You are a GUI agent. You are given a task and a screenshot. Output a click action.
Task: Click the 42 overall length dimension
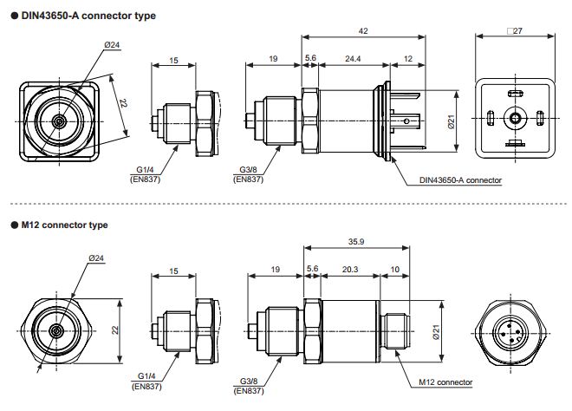[363, 31]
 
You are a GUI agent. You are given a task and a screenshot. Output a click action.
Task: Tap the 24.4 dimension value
[353, 58]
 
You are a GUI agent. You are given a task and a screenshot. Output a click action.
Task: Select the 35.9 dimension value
[356, 242]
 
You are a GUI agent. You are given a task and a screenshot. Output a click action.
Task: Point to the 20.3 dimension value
[350, 270]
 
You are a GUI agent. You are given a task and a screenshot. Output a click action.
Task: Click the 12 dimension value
[408, 58]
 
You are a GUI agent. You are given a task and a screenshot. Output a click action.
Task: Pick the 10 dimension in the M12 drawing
[394, 270]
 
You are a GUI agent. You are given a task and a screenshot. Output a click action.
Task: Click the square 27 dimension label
[515, 31]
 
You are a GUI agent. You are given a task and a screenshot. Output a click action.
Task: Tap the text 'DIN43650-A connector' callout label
[460, 180]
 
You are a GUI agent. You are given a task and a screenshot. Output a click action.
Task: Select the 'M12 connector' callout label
[445, 382]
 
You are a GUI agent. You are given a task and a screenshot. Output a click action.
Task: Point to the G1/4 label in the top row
[146, 170]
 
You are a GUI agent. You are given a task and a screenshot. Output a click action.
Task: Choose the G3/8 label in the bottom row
[249, 381]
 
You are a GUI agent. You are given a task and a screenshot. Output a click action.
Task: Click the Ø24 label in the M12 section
[96, 258]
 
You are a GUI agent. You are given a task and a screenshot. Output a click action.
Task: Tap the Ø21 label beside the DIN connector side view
[452, 121]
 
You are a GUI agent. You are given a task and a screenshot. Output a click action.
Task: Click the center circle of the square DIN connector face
[515, 118]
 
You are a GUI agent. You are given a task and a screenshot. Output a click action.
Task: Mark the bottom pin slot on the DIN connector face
[515, 143]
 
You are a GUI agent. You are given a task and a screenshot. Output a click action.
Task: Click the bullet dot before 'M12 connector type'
[15, 225]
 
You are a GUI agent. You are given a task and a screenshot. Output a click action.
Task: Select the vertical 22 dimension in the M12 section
[115, 330]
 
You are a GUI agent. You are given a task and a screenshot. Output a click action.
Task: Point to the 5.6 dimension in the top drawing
[310, 58]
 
